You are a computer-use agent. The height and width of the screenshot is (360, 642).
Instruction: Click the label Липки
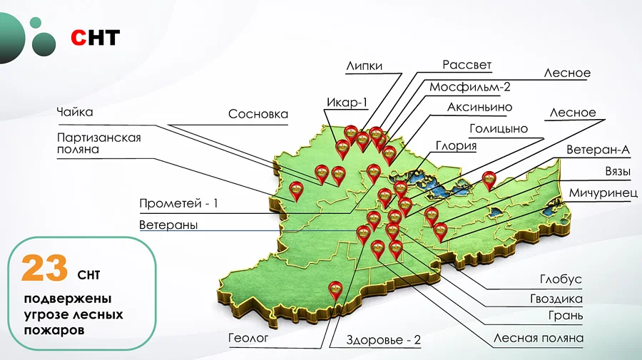coord(364,66)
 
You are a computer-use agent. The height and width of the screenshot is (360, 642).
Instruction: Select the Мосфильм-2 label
coord(470,87)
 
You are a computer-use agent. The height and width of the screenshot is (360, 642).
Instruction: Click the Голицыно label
coord(499,129)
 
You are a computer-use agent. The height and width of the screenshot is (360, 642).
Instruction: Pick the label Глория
coord(456,146)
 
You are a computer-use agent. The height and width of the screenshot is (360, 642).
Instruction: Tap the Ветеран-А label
coord(598,151)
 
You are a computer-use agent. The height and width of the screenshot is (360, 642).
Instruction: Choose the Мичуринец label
coord(598,193)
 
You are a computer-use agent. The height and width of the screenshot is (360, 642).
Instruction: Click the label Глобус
coord(561,279)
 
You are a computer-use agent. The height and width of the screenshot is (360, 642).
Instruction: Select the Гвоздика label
coord(556,298)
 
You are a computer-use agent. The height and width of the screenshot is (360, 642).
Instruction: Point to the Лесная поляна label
coord(539,338)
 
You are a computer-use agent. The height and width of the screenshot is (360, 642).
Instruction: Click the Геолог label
coord(248,339)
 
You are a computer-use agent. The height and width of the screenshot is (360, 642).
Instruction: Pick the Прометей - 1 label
coord(179,203)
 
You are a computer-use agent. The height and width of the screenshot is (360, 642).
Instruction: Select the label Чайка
coord(75,112)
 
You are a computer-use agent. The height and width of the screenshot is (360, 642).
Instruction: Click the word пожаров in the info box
coord(54,330)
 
